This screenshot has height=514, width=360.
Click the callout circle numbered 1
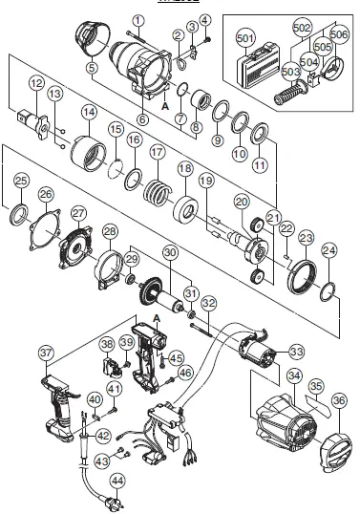138,19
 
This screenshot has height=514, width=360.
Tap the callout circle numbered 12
35,83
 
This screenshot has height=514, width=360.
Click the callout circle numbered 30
171,252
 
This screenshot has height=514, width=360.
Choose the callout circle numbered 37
46,353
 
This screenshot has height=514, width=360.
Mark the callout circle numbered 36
339,400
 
